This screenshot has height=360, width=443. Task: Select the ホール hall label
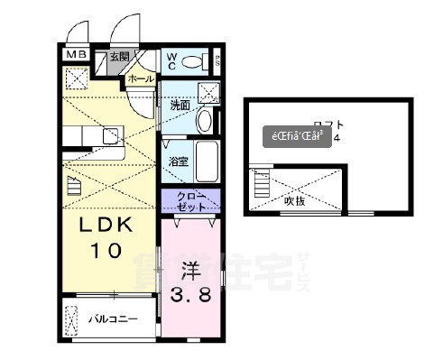141,78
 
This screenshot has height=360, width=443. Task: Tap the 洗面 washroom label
180,105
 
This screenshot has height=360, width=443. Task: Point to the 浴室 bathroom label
178,162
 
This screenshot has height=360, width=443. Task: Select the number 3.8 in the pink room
189,295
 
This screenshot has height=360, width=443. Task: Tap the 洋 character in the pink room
190,270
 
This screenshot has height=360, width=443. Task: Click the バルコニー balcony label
113,318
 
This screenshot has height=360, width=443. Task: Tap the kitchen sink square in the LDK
110,136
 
